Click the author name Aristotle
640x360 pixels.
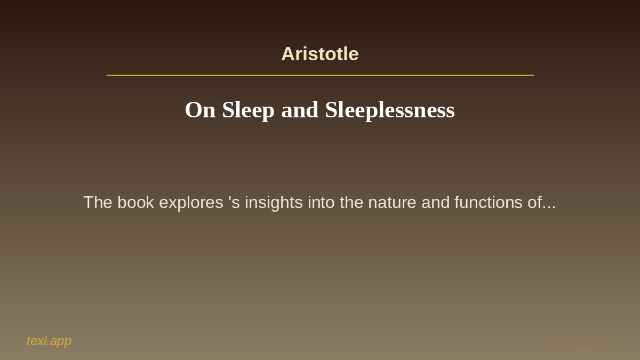click(x=320, y=54)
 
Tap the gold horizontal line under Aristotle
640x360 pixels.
click(x=320, y=75)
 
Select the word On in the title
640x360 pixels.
click(x=200, y=110)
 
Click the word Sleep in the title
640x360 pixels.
click(x=248, y=110)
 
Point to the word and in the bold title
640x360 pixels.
click(x=300, y=110)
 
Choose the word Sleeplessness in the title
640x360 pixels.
click(x=389, y=110)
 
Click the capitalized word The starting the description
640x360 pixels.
click(x=98, y=203)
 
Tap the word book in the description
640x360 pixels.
click(x=135, y=203)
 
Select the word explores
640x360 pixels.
click(x=191, y=203)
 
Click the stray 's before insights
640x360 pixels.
click(x=234, y=203)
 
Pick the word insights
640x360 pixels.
click(x=274, y=203)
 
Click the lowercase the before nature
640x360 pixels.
click(x=351, y=203)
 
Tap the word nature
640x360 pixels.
click(x=393, y=203)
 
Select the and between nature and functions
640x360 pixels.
click(x=435, y=203)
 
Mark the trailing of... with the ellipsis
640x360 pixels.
click(x=542, y=203)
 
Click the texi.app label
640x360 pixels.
click(x=49, y=341)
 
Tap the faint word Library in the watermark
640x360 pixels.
click(x=593, y=341)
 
